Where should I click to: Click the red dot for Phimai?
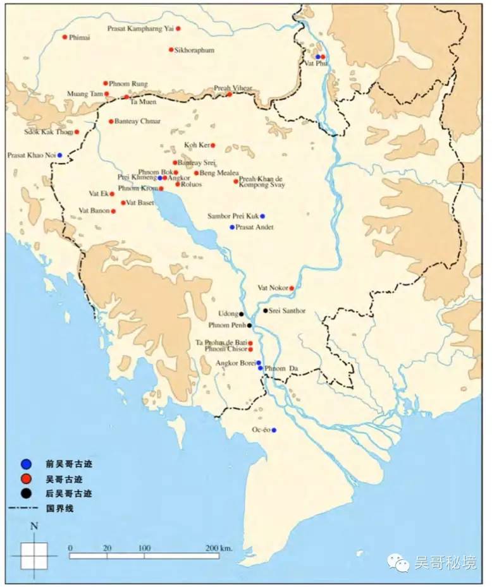pos(65,37)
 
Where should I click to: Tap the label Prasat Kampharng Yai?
pos(140,28)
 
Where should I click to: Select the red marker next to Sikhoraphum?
pos(171,49)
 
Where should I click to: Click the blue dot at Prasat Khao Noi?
pos(59,155)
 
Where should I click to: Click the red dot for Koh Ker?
pos(212,145)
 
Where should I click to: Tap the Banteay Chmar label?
pos(137,121)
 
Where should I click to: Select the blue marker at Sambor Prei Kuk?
pos(262,216)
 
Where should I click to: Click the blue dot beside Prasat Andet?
pos(232,227)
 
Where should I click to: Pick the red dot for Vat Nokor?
pos(292,288)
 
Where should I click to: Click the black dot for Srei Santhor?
pos(265,310)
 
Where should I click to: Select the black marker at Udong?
pos(242,314)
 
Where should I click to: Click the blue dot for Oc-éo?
pos(274,430)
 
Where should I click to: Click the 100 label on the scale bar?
pos(144,547)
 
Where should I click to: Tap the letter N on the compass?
pos(34,526)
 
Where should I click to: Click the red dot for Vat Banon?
pos(113,211)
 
